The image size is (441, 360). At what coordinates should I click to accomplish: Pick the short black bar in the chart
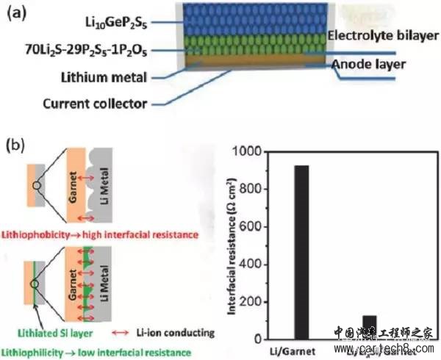(369, 327)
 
